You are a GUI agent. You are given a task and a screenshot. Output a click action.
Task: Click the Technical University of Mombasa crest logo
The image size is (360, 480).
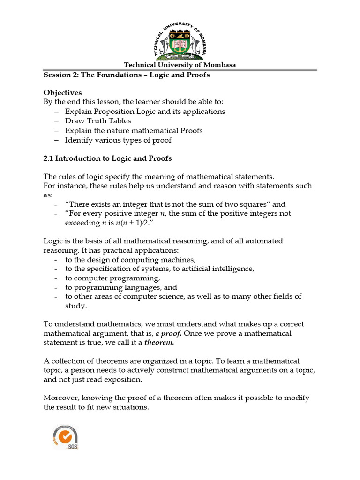180,41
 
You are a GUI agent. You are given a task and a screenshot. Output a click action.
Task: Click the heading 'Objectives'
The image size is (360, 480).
62,93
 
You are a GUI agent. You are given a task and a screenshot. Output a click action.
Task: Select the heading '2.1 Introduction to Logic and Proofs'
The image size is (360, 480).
107,158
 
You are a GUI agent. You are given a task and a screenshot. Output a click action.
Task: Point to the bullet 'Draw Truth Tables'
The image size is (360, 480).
98,121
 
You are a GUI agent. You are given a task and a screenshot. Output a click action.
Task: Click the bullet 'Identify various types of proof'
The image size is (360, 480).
118,140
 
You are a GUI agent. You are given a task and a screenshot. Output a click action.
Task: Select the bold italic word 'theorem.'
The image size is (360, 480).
159,343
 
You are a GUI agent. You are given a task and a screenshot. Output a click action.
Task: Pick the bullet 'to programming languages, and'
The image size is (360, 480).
121,287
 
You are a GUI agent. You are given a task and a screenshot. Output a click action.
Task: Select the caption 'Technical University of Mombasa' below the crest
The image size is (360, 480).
180,65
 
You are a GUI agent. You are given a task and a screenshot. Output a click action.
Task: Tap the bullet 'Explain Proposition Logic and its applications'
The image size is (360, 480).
145,112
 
